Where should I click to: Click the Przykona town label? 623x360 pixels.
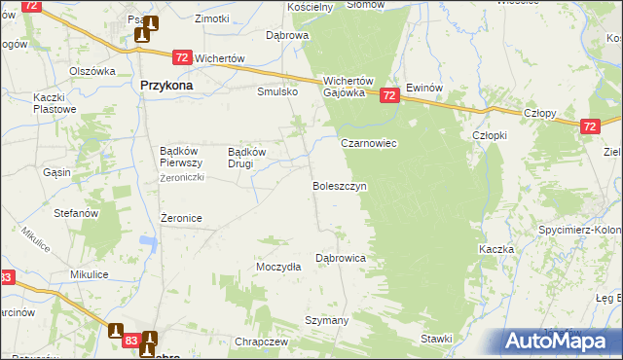click(x=165, y=86)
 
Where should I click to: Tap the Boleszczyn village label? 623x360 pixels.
click(x=339, y=185)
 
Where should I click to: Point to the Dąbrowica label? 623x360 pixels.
click(x=340, y=259)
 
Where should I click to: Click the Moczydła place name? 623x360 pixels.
click(x=277, y=267)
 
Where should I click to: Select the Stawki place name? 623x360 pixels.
click(x=437, y=339)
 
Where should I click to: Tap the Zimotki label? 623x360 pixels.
click(x=211, y=18)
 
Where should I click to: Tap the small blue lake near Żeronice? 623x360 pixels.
click(x=148, y=241)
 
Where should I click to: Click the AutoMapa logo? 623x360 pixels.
click(x=559, y=341)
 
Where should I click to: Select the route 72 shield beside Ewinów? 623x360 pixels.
click(x=389, y=95)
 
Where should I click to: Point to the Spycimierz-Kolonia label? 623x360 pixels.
click(x=580, y=230)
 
